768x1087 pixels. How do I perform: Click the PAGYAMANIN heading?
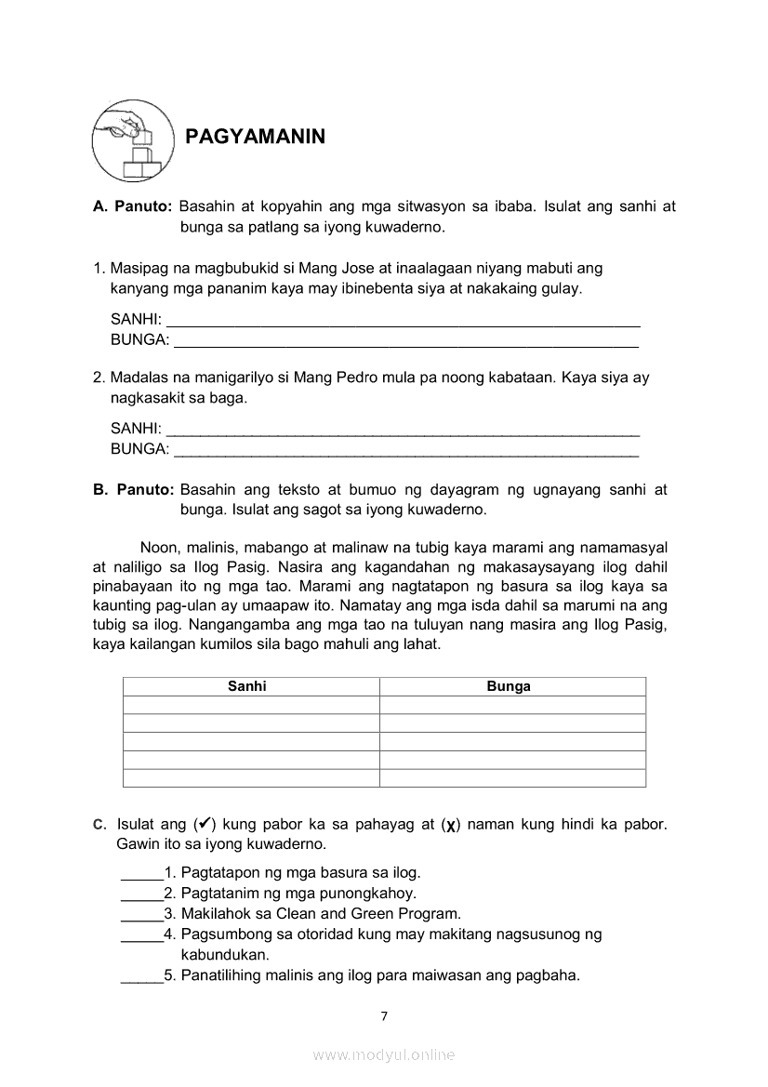256,138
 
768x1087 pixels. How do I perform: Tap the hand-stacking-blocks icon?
132,141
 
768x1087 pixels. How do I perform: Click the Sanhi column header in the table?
247,687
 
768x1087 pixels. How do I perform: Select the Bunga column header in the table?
509,687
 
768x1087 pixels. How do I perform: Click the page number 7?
384,1016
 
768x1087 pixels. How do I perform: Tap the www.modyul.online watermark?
384,1055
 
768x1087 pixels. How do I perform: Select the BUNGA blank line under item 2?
406,452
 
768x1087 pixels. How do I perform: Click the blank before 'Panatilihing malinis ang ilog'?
141,977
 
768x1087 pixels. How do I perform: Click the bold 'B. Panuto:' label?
134,490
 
